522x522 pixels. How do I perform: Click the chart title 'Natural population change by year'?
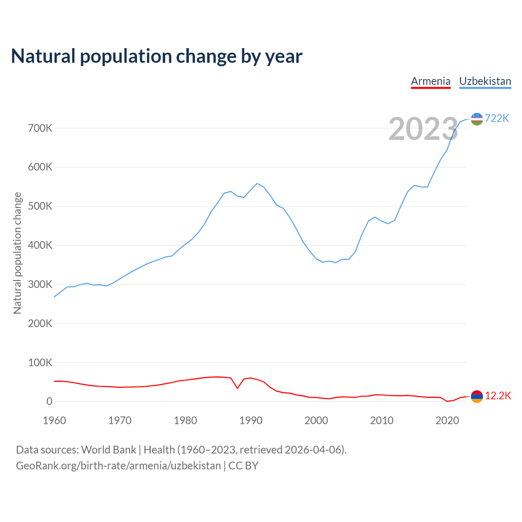tap(157, 56)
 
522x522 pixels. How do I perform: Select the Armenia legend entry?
tap(431, 81)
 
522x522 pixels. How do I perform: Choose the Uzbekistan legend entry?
tap(485, 81)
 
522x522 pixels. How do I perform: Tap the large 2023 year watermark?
tap(423, 129)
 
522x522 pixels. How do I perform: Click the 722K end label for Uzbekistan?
tap(497, 118)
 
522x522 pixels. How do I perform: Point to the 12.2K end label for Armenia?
tap(498, 396)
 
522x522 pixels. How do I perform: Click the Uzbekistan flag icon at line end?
tap(477, 119)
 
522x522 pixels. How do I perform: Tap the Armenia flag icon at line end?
tap(477, 396)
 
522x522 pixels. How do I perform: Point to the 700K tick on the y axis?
tap(40, 128)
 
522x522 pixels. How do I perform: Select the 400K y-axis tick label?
tap(40, 246)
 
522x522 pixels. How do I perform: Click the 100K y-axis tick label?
tap(40, 363)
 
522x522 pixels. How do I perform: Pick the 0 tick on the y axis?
tap(49, 402)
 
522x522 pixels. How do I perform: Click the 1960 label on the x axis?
tap(54, 420)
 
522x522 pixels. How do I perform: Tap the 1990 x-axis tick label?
tap(251, 420)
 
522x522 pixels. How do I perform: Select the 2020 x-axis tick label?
tap(447, 420)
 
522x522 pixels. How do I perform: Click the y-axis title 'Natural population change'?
tap(17, 253)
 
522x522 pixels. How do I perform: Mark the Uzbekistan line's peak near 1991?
tap(257, 184)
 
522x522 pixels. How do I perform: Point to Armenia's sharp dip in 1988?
tap(237, 388)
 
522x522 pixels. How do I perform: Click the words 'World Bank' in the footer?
tap(108, 450)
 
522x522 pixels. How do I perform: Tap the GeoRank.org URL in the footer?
tap(118, 466)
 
